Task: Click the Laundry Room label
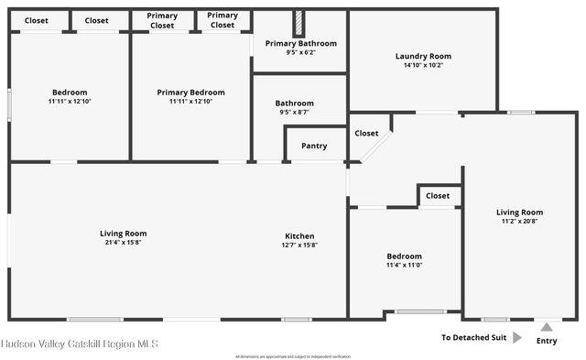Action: click(423, 56)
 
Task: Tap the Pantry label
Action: click(314, 146)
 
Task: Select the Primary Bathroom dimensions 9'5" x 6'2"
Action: click(301, 53)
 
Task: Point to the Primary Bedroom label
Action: click(190, 93)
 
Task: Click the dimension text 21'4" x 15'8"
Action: click(124, 243)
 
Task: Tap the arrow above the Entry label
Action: click(547, 327)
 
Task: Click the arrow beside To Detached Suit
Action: click(517, 337)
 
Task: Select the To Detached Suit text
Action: click(473, 337)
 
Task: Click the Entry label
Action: click(547, 341)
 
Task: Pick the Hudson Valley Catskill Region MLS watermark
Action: click(80, 344)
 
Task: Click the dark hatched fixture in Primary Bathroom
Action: click(298, 24)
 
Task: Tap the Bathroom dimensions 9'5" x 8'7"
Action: click(295, 113)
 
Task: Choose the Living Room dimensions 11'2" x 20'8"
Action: click(520, 221)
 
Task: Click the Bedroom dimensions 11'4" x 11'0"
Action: click(404, 266)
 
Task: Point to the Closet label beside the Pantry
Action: click(366, 133)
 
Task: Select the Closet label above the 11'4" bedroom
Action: click(438, 195)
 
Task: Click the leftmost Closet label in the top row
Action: click(37, 20)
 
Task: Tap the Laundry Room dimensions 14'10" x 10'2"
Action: click(423, 65)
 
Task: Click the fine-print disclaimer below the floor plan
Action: click(293, 355)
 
